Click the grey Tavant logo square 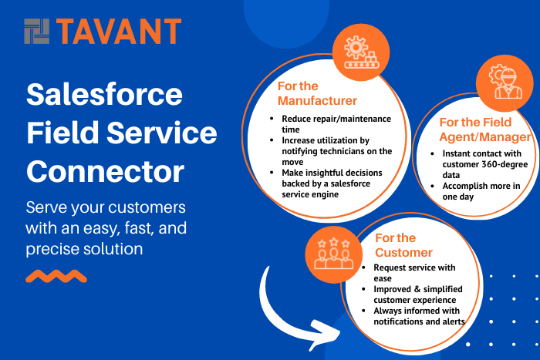[36, 32]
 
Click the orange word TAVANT [119, 32]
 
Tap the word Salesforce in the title [104, 94]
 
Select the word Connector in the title [106, 171]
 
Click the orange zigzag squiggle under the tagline [56, 276]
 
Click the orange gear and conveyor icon [361, 52]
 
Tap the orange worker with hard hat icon [505, 83]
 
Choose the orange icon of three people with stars [334, 254]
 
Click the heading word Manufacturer [317, 101]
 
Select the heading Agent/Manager [485, 137]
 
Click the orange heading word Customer [403, 253]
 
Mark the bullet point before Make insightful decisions [272, 173]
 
